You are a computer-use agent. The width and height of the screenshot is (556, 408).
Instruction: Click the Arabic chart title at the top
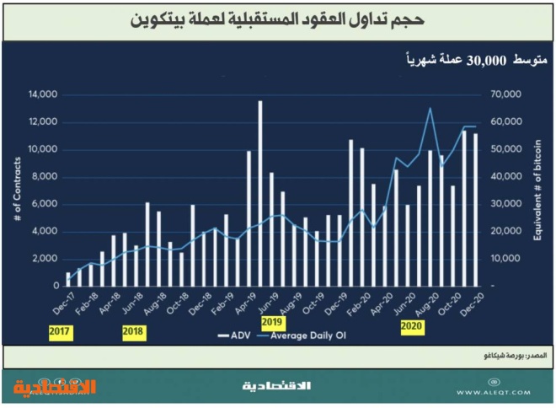pyautogui.click(x=278, y=19)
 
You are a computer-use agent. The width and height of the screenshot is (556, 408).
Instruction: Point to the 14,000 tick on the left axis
pyautogui.click(x=41, y=94)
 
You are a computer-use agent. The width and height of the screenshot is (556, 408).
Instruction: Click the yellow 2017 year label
pyautogui.click(x=59, y=332)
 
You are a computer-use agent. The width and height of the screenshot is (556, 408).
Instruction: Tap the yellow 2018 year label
pyautogui.click(x=133, y=332)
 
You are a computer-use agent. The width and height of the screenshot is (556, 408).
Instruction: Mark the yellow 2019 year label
pyautogui.click(x=271, y=323)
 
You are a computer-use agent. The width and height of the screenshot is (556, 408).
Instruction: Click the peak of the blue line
pyautogui.click(x=430, y=109)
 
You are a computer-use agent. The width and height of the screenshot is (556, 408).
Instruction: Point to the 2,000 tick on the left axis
pyautogui.click(x=44, y=259)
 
